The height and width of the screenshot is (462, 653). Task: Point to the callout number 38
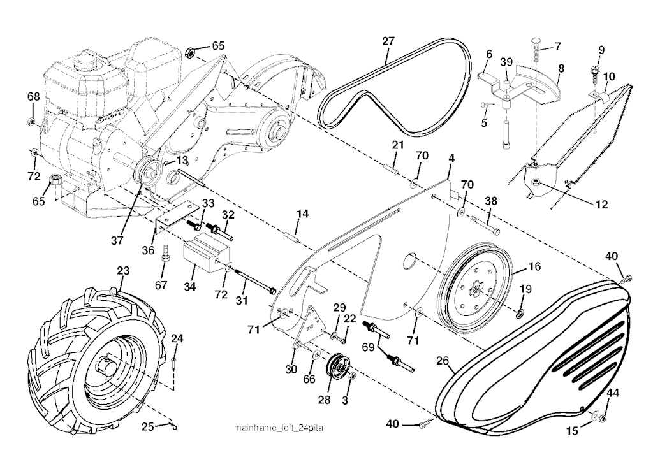(x=491, y=201)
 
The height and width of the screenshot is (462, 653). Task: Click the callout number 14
(x=302, y=215)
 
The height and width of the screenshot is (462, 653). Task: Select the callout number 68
(x=33, y=96)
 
